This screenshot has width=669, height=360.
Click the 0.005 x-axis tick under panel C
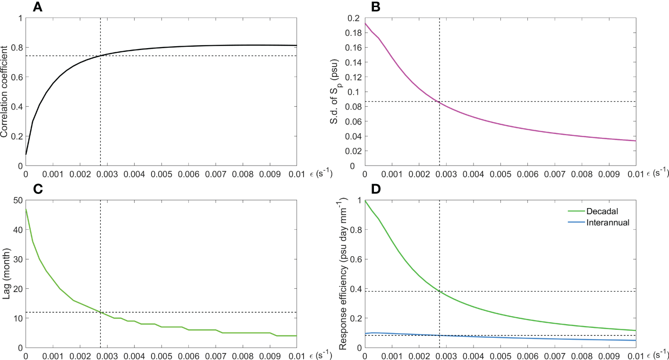(161, 355)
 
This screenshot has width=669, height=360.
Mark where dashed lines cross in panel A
(101, 56)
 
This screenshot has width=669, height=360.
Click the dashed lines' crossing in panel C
(101, 312)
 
